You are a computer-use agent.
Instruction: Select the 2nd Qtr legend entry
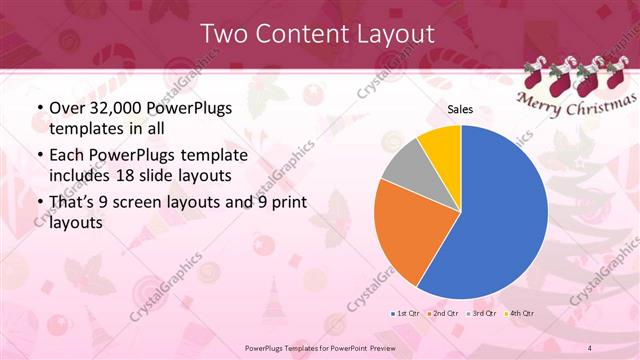click(444, 313)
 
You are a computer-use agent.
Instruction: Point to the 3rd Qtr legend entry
click(482, 313)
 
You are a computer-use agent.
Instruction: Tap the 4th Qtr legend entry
click(519, 313)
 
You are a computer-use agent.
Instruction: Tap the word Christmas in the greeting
click(594, 107)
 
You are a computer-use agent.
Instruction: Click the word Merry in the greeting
click(536, 100)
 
